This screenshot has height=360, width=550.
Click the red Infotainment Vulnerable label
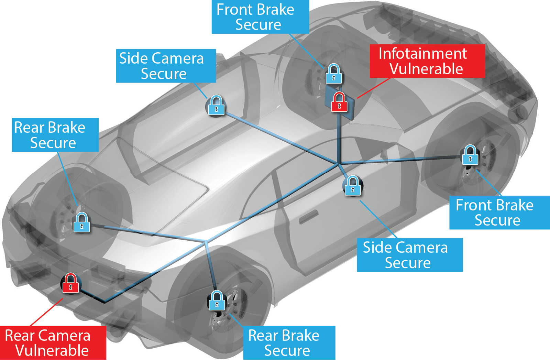tap(427, 61)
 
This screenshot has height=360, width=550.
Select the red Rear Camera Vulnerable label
tap(53, 343)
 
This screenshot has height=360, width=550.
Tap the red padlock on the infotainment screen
tap(339, 102)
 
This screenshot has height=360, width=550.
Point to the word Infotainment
tap(422, 54)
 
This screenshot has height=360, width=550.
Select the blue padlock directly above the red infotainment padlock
tap(334, 74)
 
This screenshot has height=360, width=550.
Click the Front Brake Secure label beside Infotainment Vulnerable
tap(260, 17)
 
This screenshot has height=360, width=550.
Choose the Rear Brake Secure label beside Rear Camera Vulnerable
tap(289, 342)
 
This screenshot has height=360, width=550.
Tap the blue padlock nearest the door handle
tap(353, 186)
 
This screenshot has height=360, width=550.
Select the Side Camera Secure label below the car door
tap(410, 255)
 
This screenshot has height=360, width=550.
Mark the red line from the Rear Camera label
tap(46, 312)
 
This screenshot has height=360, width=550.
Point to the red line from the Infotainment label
tap(373, 88)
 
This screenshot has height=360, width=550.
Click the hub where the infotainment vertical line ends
tap(339, 164)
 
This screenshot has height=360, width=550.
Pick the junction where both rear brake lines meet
tap(206, 241)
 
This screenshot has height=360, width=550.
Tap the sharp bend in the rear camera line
tap(104, 302)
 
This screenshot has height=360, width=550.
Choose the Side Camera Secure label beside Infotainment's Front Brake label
tap(166, 66)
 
